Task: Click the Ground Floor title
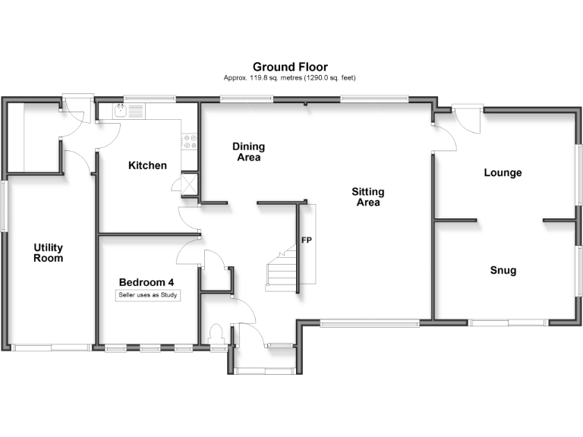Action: (290, 67)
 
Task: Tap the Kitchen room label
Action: (147, 165)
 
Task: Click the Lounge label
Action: (503, 173)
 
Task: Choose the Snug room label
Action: (503, 270)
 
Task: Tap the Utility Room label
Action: (48, 253)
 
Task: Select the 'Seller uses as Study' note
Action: (148, 294)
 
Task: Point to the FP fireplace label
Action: (307, 241)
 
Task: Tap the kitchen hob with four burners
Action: (190, 141)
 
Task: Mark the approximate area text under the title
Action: (290, 77)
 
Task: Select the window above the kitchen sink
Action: (149, 99)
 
